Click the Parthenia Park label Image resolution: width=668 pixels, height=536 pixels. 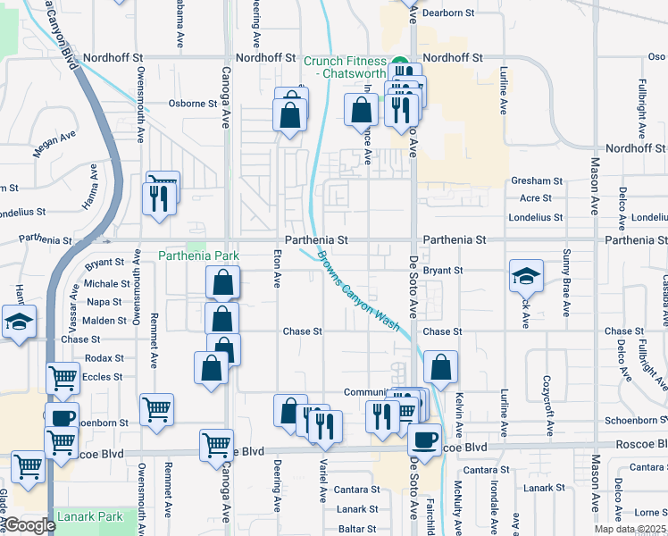coord(199,255)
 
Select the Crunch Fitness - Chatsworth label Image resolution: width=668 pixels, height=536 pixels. coord(344,67)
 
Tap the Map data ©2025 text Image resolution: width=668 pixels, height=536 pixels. coord(629,529)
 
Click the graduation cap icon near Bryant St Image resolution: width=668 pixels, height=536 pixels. coord(526,275)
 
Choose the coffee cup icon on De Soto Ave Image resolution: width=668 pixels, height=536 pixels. coord(425,439)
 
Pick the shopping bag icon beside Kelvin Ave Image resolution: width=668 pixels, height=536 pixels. coord(440,366)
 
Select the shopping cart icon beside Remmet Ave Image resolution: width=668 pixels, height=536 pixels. coord(157,409)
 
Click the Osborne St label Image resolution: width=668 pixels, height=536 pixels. coord(194,103)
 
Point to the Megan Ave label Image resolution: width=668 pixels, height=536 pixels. coord(55,145)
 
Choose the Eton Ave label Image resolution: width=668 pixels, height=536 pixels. coord(277,269)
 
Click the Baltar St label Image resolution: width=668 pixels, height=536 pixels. coord(356,529)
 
